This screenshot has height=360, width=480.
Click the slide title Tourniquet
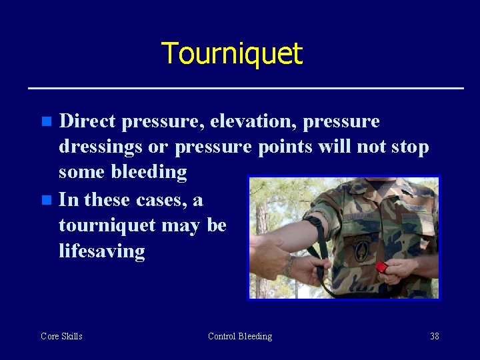(x=232, y=53)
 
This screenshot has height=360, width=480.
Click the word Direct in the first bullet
(x=87, y=121)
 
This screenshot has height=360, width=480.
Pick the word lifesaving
(x=101, y=251)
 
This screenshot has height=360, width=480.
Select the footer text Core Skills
(x=61, y=336)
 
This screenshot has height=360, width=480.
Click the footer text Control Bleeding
(x=240, y=336)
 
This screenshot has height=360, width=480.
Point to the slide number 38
(x=434, y=336)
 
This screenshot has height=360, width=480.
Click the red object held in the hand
(x=381, y=267)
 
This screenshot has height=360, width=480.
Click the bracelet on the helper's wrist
(x=288, y=265)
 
